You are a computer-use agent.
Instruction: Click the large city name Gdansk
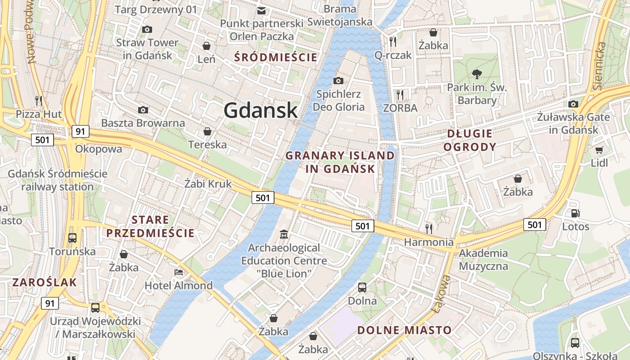261,110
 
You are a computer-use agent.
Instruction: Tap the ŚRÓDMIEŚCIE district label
276,57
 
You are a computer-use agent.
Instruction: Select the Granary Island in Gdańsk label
340,162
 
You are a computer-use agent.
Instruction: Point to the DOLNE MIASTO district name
404,330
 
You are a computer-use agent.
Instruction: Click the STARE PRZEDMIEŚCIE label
150,226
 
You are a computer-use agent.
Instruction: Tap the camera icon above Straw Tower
147,30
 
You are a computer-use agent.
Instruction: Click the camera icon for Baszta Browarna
143,110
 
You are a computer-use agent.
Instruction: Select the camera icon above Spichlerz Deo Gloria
338,81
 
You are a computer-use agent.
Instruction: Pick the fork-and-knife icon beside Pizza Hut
39,100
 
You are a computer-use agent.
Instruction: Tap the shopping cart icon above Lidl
599,150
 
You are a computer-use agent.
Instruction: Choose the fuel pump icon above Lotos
575,213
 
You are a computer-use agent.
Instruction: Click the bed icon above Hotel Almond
179,272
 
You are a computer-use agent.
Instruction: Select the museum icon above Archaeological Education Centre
284,234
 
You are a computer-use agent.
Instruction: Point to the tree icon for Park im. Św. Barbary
477,74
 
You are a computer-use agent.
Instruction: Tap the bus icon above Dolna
362,287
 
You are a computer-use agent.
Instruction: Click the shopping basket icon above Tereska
207,131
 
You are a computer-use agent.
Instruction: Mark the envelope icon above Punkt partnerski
261,10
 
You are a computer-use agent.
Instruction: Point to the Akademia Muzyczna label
483,260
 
